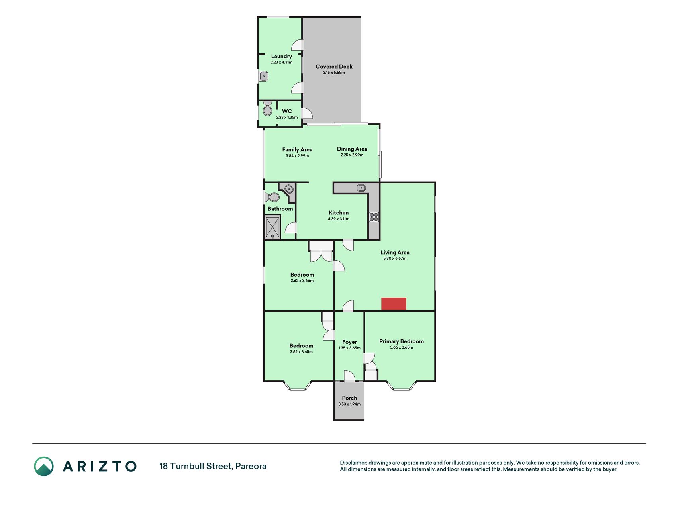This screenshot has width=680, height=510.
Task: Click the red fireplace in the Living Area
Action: click(394, 304)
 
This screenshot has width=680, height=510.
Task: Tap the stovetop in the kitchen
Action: click(374, 217)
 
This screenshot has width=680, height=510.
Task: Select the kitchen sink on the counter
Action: click(361, 188)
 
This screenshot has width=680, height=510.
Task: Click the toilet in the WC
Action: click(267, 108)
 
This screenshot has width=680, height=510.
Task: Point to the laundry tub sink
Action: click(263, 76)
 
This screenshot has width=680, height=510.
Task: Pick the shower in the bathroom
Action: click(273, 227)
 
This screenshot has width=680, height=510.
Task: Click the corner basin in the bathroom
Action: click(288, 189)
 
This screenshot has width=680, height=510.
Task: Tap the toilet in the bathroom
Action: click(272, 197)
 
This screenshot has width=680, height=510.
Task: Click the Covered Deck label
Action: click(334, 67)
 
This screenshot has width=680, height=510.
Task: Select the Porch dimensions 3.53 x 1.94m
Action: click(349, 404)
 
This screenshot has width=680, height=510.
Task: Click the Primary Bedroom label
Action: click(402, 341)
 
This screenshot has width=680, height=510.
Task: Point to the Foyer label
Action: click(349, 342)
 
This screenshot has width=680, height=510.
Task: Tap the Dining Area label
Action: click(352, 149)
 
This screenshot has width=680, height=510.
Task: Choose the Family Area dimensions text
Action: click(297, 156)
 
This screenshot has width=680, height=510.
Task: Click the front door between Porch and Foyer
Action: click(349, 376)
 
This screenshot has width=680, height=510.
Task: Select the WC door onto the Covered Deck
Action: click(307, 114)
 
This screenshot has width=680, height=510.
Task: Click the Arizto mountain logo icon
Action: click(44, 466)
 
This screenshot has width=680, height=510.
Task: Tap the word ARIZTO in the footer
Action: click(100, 466)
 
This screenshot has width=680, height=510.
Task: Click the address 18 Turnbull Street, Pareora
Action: click(213, 466)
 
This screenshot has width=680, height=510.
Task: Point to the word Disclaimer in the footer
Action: click(353, 463)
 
